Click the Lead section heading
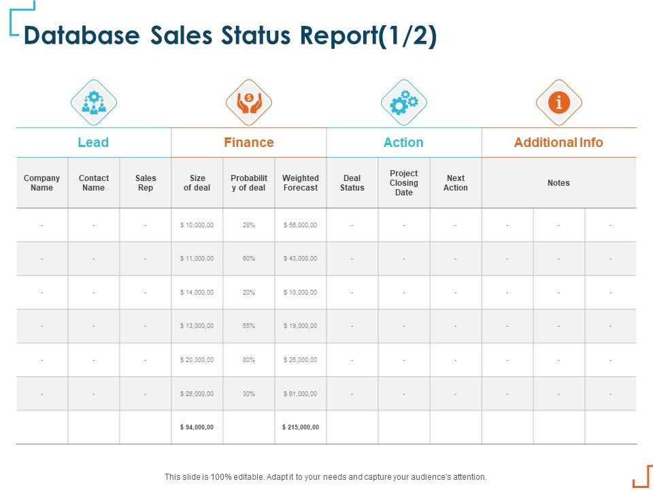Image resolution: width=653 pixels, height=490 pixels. coord(93,142)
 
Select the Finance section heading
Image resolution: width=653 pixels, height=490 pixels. coord(249,142)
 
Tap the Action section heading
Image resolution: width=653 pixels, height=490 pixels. coord(403,142)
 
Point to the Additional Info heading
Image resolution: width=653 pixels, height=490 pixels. coord(558,142)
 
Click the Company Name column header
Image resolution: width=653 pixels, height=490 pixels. coord(41,183)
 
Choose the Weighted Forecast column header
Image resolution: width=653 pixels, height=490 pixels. coord(300,183)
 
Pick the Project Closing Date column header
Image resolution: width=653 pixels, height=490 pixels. coord(404,183)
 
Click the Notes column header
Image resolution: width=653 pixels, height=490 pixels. coord(558,183)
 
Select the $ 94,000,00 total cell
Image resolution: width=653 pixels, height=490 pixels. coord(197,427)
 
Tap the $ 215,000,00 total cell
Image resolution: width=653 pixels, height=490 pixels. coord(300,427)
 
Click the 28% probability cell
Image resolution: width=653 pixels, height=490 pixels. coord(248,225)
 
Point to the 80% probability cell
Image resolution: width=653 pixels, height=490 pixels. coord(248,360)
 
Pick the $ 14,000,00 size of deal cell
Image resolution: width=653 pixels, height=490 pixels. coord(197,293)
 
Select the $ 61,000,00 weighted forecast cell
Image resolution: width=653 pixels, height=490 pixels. coord(300,394)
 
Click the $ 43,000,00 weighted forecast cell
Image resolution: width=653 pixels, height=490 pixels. coord(300,259)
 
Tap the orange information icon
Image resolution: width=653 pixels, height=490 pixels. coord(559,103)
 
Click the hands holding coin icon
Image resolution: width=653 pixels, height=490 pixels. coord(249,103)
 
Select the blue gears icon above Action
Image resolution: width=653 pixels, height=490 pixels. coord(404,103)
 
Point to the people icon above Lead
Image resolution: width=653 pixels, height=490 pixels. coord(94,103)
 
